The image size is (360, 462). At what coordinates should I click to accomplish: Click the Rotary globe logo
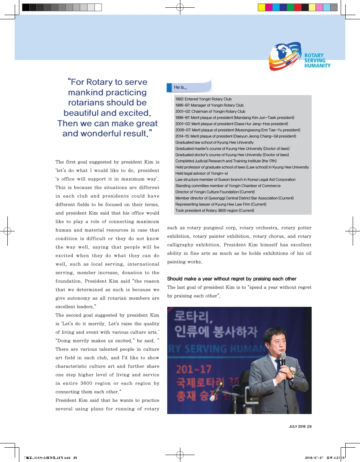click(285, 56)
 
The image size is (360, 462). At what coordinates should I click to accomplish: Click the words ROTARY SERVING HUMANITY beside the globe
click(317, 61)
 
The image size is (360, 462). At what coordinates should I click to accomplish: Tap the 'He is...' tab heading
click(180, 87)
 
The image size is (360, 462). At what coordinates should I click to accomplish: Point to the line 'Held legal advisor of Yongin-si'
click(201, 173)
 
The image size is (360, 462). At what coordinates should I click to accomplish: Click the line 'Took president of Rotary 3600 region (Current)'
click(214, 210)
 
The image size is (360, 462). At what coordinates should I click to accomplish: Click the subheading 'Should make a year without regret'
click(231, 279)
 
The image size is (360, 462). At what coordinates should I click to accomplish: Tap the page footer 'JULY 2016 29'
click(300, 426)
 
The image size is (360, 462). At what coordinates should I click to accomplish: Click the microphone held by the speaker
click(283, 359)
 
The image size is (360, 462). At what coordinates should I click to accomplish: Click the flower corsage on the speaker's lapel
click(293, 372)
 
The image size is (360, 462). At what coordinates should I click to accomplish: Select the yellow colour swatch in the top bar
click(261, 7)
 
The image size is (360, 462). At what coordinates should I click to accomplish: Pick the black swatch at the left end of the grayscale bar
click(26, 7)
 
